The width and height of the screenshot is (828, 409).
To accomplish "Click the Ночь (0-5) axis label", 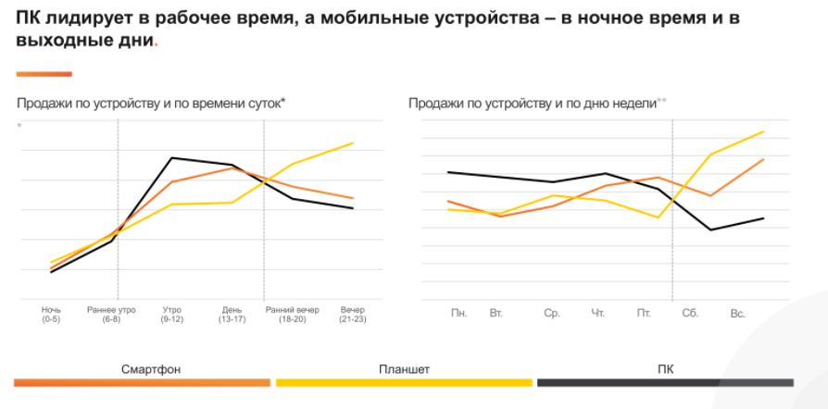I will (x=51, y=314).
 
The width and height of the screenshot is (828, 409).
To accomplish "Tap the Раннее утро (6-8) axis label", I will (x=111, y=314).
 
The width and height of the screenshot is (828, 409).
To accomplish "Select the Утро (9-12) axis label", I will (x=171, y=314).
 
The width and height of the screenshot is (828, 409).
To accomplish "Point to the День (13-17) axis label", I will (x=232, y=314).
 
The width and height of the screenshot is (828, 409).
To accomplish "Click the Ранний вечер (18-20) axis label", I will (x=292, y=314).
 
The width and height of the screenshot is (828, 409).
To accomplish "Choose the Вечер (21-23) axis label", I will (x=353, y=314).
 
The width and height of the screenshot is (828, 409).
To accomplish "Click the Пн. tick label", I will (x=458, y=314).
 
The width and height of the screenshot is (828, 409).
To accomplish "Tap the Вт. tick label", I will (x=496, y=314).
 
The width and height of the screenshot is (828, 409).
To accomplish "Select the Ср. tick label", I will (x=552, y=314).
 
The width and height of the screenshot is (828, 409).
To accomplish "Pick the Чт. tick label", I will (x=597, y=314).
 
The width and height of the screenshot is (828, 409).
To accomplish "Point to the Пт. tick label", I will (x=644, y=314).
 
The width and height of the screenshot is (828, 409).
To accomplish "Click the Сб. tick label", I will (x=690, y=314).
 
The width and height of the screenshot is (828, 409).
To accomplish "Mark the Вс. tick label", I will (x=738, y=314).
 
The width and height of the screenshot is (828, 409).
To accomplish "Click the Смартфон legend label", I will (x=151, y=369).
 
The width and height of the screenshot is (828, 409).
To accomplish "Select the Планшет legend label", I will (x=404, y=369).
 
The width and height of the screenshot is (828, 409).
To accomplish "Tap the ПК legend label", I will (x=665, y=369).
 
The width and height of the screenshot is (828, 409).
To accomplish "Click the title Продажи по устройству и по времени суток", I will (x=151, y=103).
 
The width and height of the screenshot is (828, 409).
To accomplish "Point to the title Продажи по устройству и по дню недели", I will (x=533, y=103).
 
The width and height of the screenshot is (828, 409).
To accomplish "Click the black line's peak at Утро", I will (x=171, y=157).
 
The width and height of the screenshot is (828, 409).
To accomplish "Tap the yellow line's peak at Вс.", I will (x=762, y=131).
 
